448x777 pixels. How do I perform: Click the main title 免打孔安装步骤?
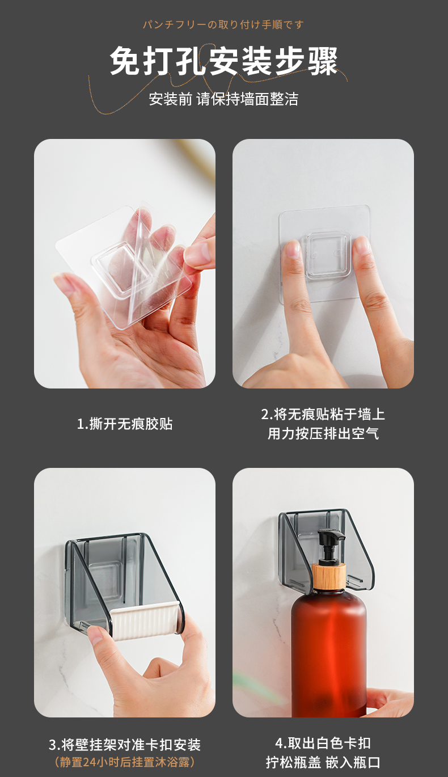tap(223, 61)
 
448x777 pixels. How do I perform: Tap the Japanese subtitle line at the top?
tap(223, 24)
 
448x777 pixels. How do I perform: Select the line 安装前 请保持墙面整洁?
tap(223, 99)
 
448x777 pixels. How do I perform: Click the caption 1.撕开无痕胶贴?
tap(125, 424)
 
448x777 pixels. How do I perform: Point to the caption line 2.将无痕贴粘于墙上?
tap(323, 414)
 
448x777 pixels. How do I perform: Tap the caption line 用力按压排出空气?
tap(323, 433)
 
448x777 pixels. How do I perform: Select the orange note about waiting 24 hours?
tap(125, 762)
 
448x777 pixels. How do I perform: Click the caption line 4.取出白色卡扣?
tap(323, 743)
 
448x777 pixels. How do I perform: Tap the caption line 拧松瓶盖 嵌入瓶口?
tap(323, 762)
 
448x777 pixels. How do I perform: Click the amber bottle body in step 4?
tap(329, 652)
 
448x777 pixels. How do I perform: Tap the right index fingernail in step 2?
tap(361, 246)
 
